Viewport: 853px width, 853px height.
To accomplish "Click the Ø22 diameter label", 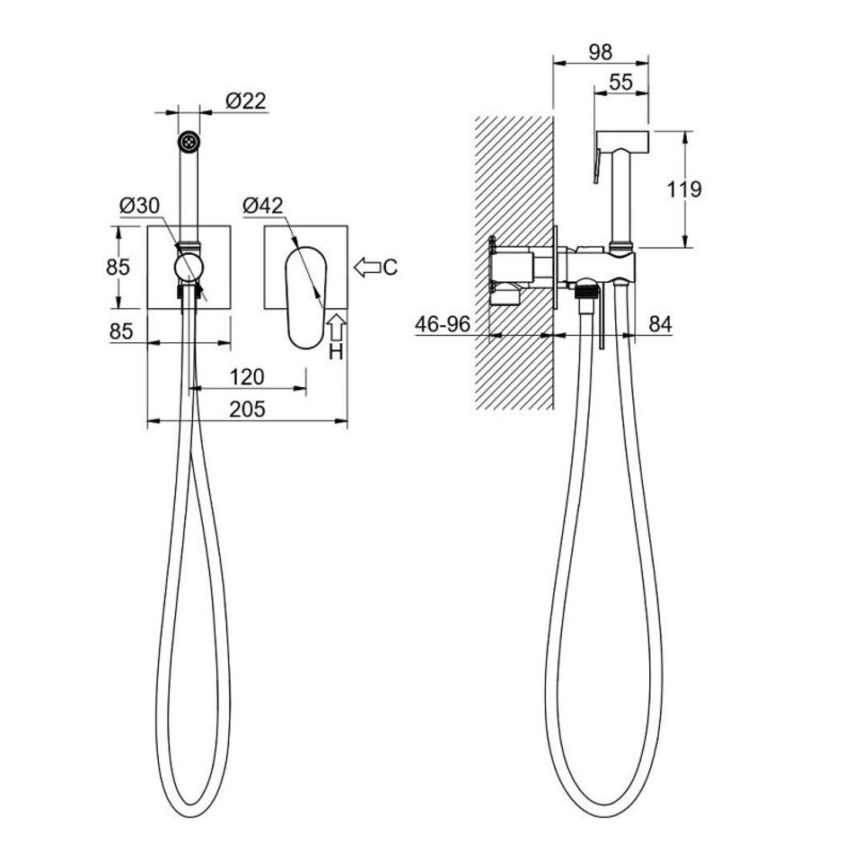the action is click(x=246, y=101).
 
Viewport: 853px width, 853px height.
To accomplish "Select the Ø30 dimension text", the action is click(x=140, y=206).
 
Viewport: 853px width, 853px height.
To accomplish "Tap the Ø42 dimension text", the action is click(x=263, y=206).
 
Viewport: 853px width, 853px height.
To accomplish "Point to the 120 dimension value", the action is click(x=247, y=376).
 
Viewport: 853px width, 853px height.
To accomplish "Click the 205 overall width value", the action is click(x=247, y=409).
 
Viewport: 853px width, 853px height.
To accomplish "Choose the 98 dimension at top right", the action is click(x=601, y=52).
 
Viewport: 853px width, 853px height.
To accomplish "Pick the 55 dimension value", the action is click(x=620, y=82).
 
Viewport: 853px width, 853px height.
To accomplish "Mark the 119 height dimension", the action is click(x=684, y=189).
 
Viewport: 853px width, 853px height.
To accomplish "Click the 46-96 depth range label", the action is click(x=443, y=324).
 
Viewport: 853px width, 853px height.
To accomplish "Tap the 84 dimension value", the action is click(x=661, y=324).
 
